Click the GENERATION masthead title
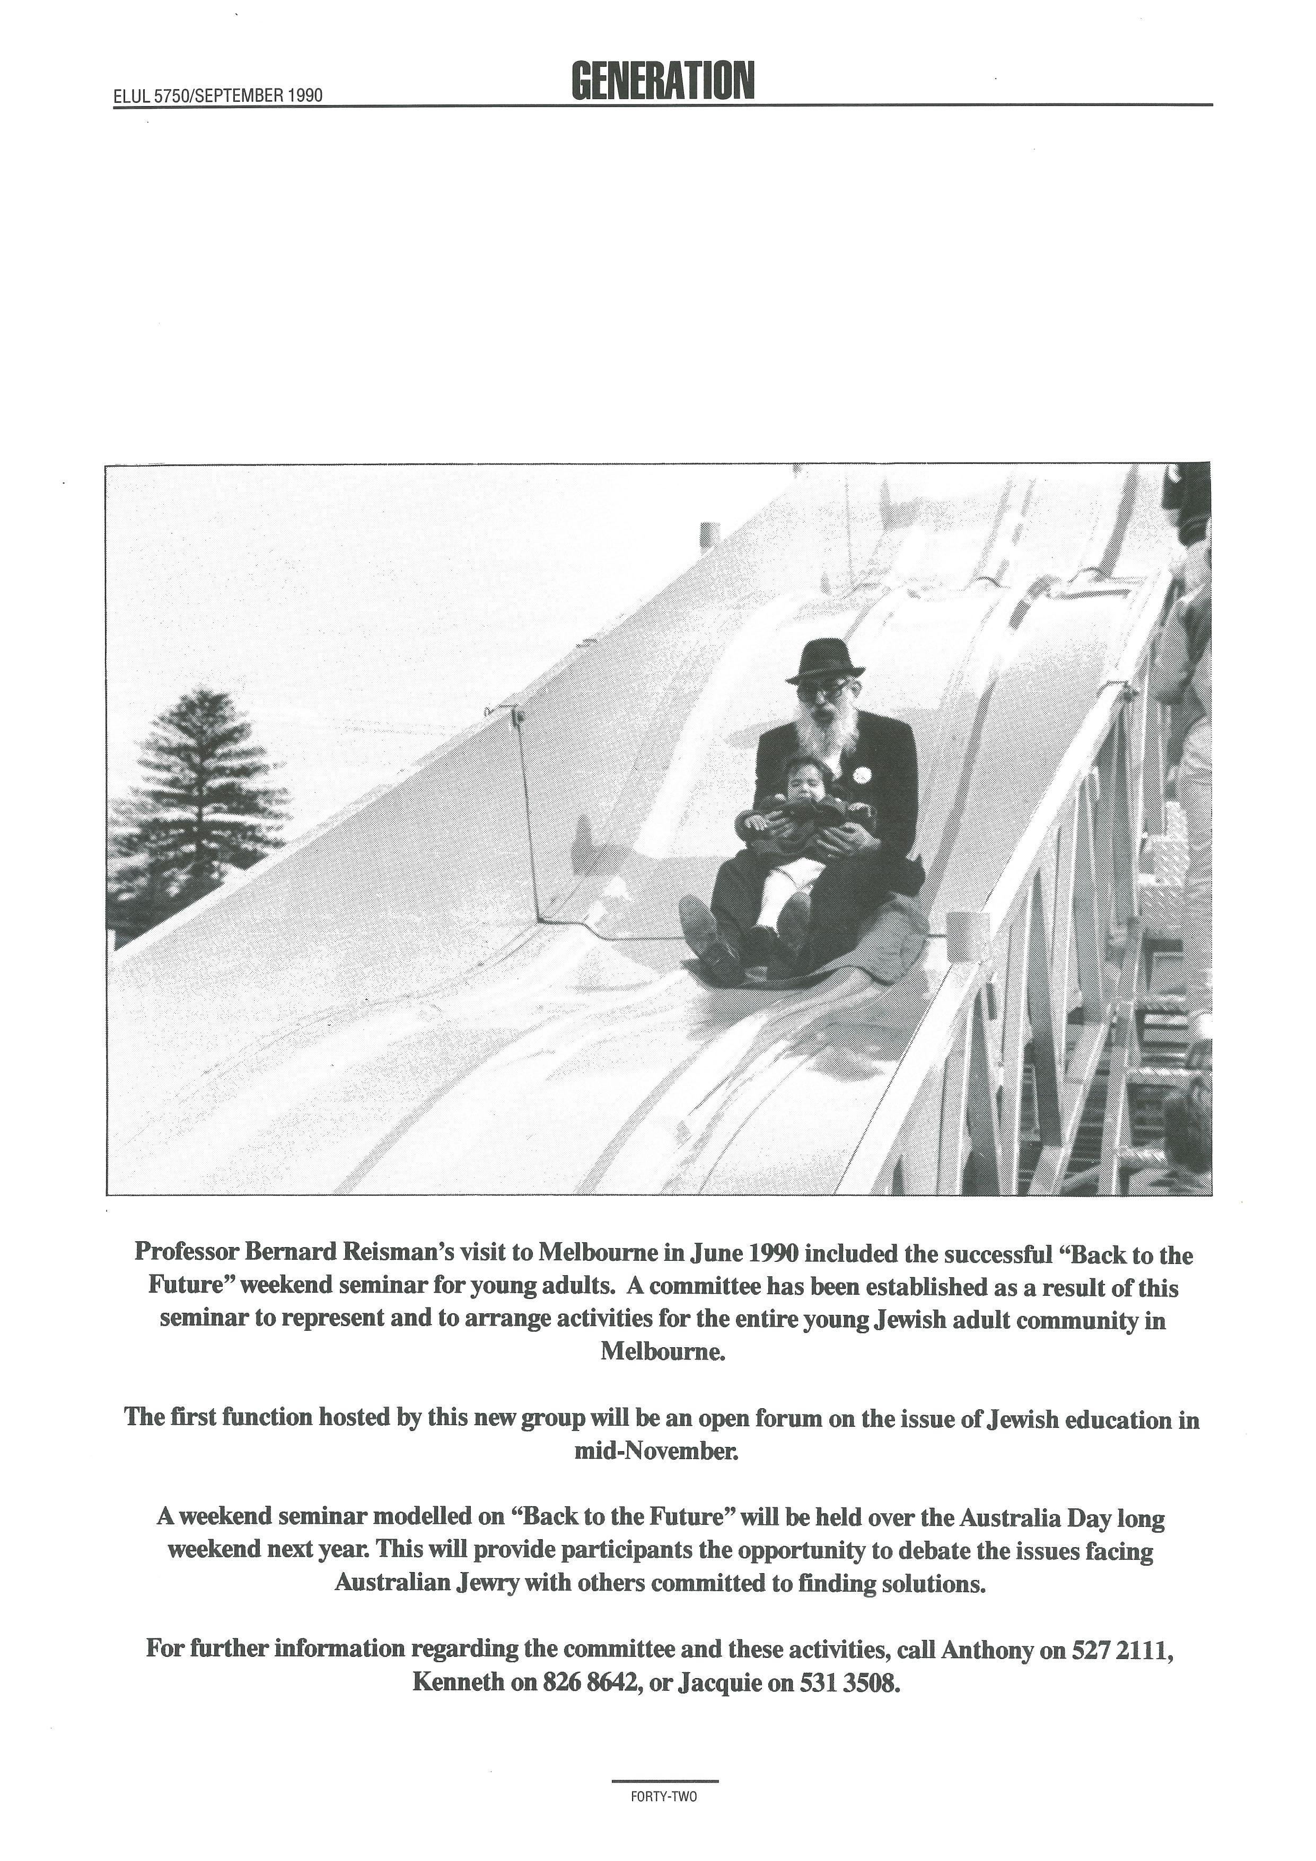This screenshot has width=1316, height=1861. tap(662, 81)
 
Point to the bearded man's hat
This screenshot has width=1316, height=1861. tap(824, 661)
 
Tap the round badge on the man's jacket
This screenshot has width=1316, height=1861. tap(862, 775)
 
